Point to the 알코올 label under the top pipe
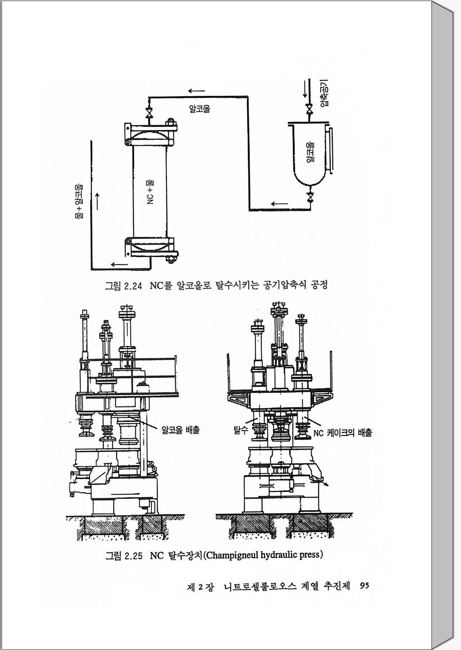click(x=199, y=109)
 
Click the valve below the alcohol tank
click(x=310, y=197)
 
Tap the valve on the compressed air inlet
click(x=308, y=108)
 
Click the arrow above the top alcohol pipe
click(x=196, y=91)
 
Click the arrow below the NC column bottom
click(x=119, y=265)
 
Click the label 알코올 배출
click(x=180, y=430)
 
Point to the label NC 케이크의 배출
click(x=342, y=433)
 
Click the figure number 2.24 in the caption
click(x=133, y=286)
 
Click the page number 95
click(x=364, y=586)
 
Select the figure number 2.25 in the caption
click(x=133, y=556)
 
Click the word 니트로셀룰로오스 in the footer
click(x=260, y=587)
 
